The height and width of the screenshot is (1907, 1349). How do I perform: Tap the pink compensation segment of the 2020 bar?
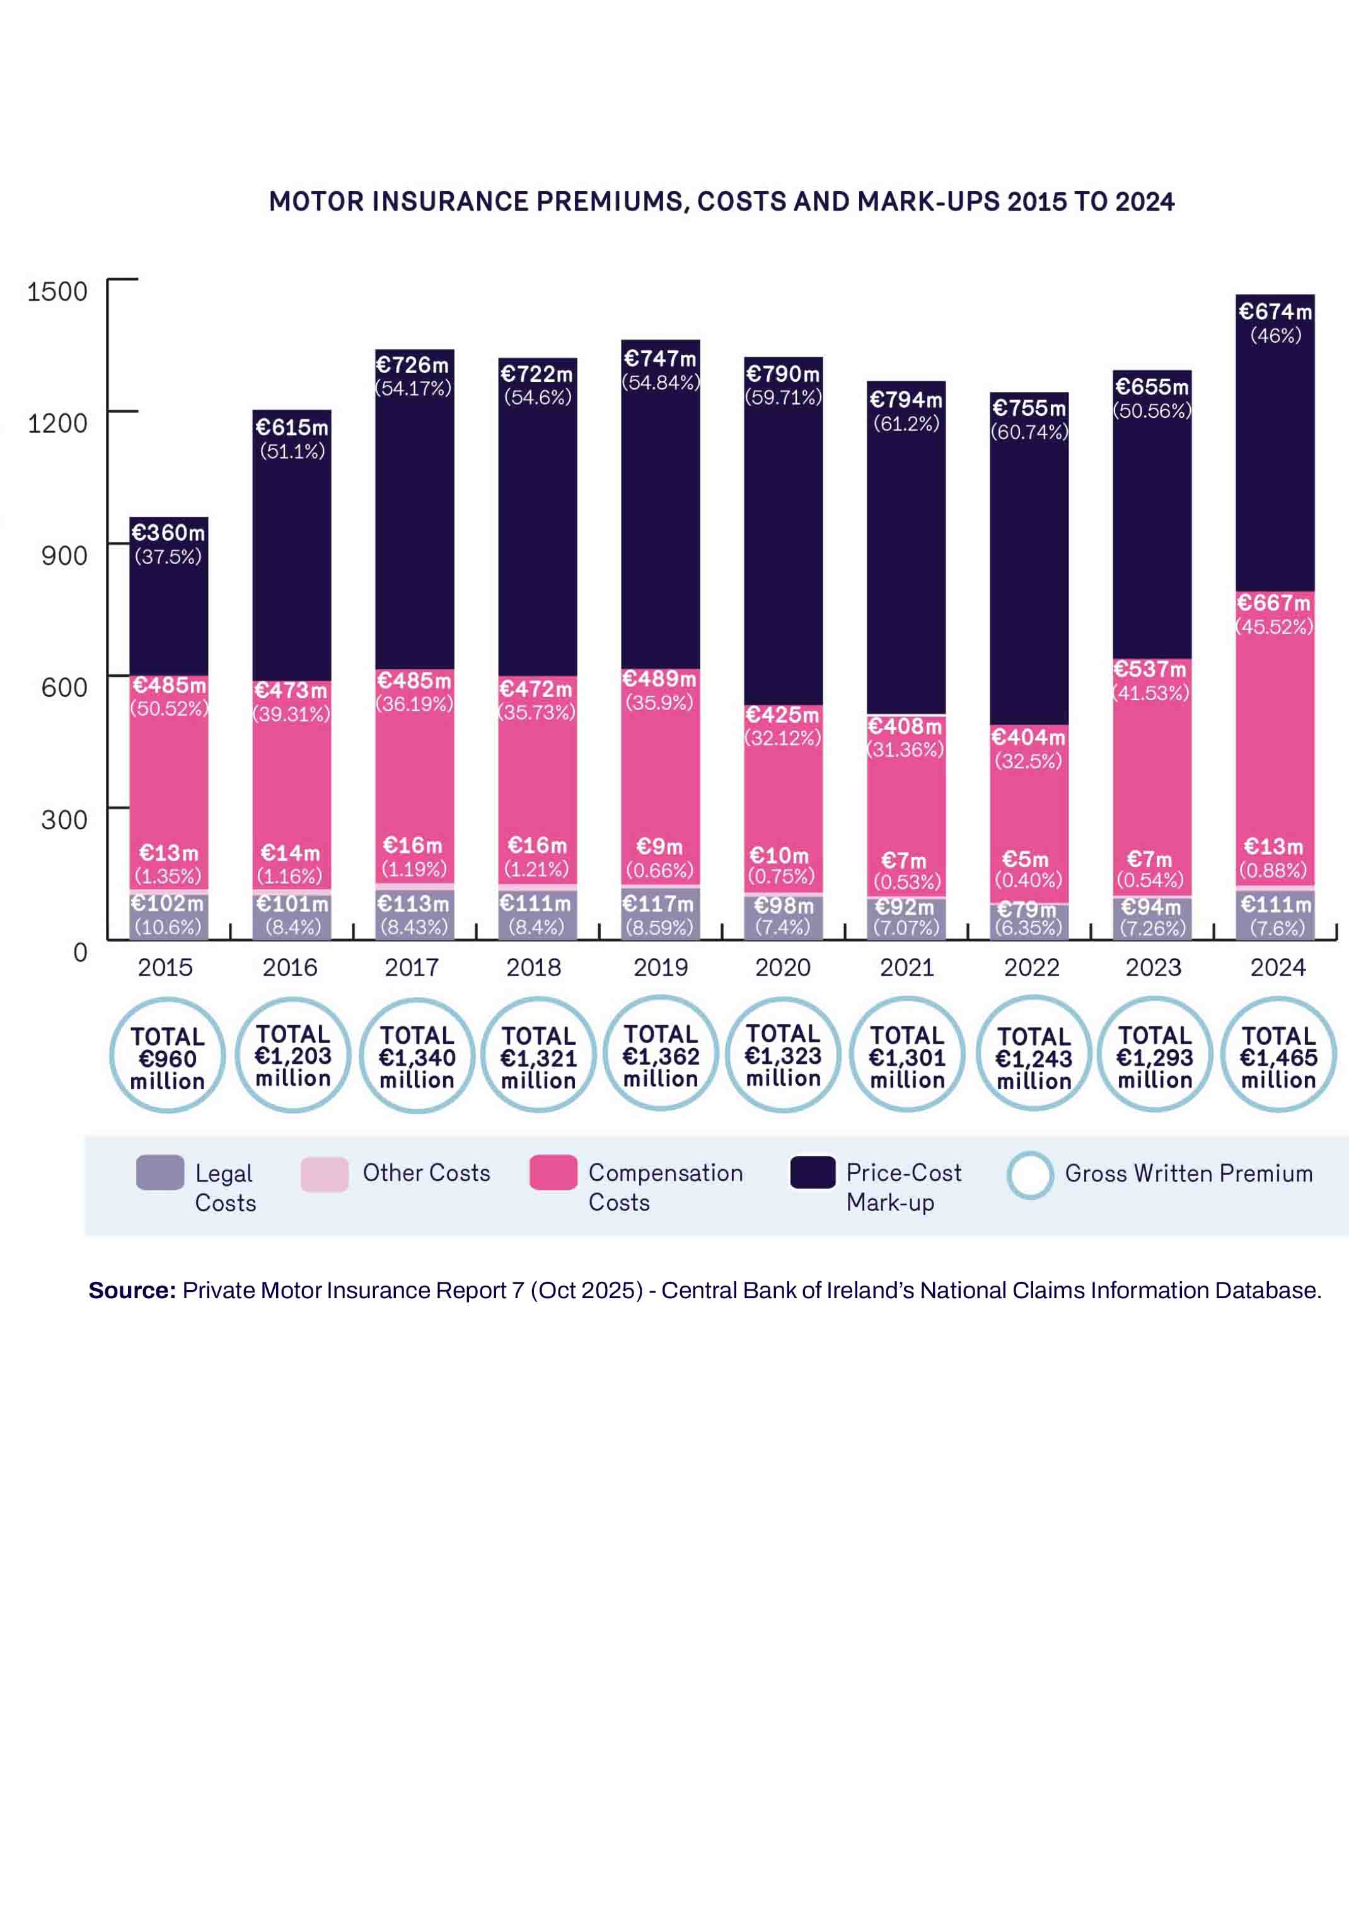(782, 797)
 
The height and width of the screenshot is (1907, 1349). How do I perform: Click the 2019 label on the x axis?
(661, 967)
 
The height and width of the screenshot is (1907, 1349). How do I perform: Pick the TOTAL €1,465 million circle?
(1278, 1056)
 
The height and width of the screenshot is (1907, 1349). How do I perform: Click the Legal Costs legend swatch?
(159, 1173)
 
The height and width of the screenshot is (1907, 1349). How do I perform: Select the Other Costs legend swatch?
(324, 1173)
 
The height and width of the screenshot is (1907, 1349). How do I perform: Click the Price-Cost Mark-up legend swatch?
(813, 1172)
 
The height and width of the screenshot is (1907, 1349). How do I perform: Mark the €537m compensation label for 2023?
(1150, 669)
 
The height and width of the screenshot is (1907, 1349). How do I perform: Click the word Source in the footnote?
(131, 1290)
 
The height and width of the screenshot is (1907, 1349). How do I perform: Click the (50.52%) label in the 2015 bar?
(169, 708)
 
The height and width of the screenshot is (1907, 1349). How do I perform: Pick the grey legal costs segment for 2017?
(414, 915)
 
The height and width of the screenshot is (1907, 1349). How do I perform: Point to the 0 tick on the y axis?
(80, 952)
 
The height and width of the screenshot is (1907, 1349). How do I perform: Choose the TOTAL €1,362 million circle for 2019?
(661, 1056)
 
